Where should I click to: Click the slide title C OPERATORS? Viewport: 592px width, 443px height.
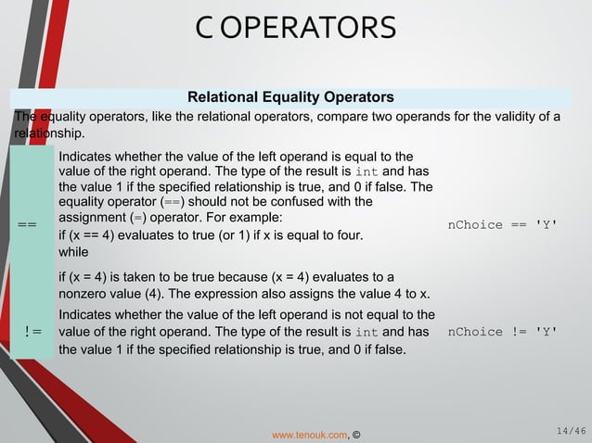pyautogui.click(x=296, y=27)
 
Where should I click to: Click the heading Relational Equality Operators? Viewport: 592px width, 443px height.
pyautogui.click(x=290, y=97)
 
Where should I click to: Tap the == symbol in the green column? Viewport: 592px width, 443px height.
pyautogui.click(x=28, y=225)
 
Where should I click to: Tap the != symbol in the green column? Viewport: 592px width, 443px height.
pyautogui.click(x=32, y=332)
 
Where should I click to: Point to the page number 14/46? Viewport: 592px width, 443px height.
pyautogui.click(x=569, y=430)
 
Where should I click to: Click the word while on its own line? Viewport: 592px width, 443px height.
pyautogui.click(x=73, y=252)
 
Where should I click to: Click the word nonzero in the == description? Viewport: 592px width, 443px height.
pyautogui.click(x=86, y=295)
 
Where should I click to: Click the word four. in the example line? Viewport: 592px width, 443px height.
pyautogui.click(x=345, y=235)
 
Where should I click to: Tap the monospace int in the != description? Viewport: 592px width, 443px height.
pyautogui.click(x=368, y=332)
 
